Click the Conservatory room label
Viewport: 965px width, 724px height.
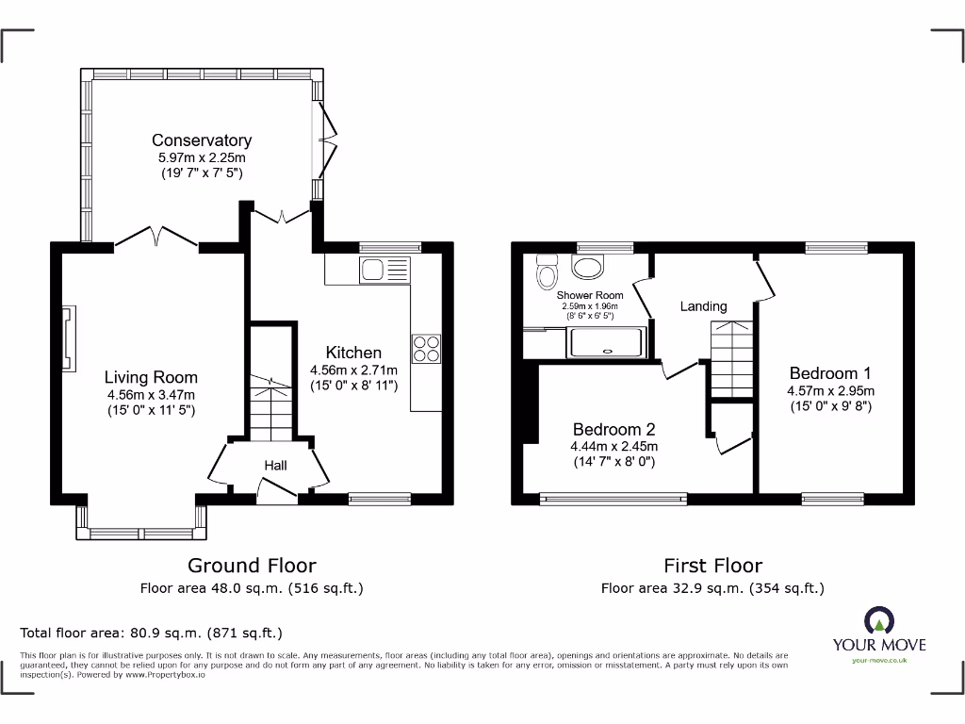(202, 140)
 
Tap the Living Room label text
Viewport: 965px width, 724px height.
(151, 377)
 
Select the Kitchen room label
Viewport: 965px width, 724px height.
(353, 353)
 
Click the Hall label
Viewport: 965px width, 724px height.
(275, 465)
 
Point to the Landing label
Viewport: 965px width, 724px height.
(703, 306)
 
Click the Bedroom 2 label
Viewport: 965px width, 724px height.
(613, 428)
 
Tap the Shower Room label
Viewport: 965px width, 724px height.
(590, 295)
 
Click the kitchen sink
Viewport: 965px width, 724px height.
(385, 270)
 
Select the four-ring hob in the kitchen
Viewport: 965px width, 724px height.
(426, 349)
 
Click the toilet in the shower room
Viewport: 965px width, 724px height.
(546, 272)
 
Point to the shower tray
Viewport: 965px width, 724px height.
(606, 342)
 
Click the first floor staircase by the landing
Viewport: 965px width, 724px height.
(731, 359)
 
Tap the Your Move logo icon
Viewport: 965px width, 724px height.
(878, 621)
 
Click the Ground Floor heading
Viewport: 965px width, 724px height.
(252, 566)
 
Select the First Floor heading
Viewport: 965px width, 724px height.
(712, 566)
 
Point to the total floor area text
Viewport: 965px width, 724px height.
(152, 633)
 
